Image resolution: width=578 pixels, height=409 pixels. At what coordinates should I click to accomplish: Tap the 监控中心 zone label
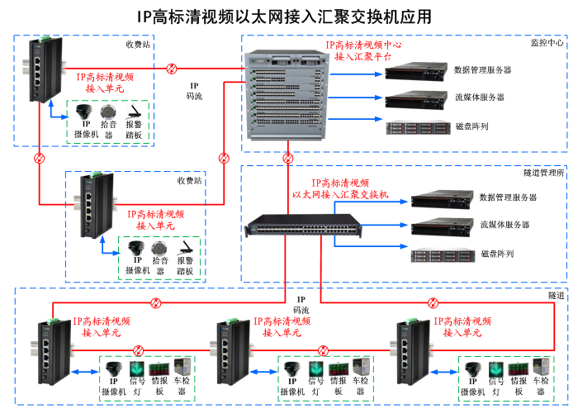tap(547, 42)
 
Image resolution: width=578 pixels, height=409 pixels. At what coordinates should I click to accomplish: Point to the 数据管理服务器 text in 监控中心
tap(483, 70)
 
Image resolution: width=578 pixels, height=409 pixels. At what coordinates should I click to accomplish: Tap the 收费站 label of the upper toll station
tap(138, 44)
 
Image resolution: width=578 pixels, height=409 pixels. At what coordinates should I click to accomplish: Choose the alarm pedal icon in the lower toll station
tap(186, 248)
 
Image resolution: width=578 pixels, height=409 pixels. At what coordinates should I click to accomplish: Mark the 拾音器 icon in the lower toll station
tap(160, 248)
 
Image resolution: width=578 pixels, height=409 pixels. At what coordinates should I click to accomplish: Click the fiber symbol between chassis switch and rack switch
tap(287, 157)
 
